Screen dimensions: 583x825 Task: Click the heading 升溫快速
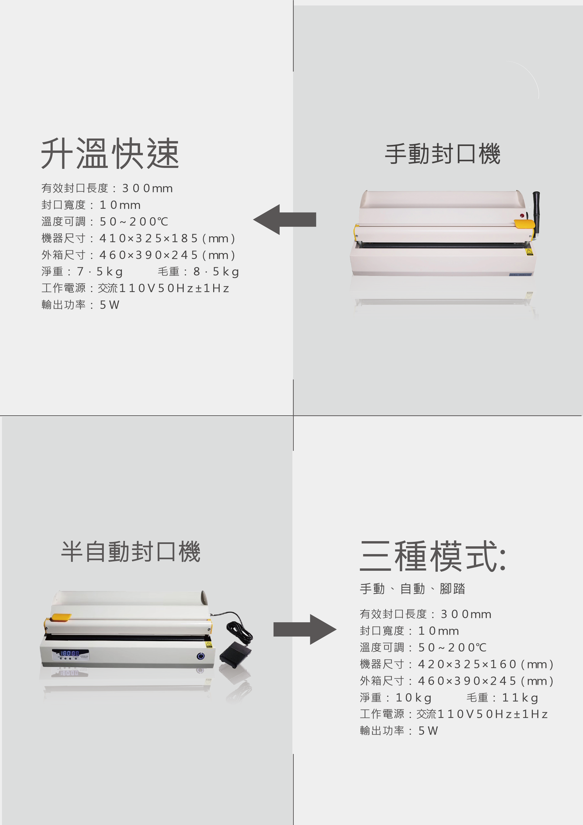click(x=110, y=154)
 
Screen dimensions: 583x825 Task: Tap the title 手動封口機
click(x=443, y=154)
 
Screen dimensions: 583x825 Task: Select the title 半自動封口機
click(x=131, y=552)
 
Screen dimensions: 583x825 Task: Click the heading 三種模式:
click(x=433, y=556)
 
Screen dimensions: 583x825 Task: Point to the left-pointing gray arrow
click(x=285, y=220)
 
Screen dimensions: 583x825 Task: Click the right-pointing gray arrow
click(x=305, y=630)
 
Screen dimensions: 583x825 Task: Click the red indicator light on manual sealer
click(x=522, y=215)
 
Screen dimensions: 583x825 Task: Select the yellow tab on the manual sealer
click(x=524, y=224)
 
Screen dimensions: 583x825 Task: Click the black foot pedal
click(x=236, y=652)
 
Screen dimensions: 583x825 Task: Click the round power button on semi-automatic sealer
click(x=201, y=656)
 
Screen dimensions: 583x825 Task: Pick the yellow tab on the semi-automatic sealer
click(x=61, y=617)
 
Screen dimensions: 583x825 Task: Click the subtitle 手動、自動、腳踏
click(x=412, y=589)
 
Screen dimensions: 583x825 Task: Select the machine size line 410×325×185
click(x=138, y=238)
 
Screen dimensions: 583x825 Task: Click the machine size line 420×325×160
click(x=457, y=664)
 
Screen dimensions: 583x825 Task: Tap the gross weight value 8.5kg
click(x=216, y=272)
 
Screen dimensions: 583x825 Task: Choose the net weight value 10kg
click(x=413, y=698)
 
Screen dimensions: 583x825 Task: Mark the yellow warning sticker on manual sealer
click(x=530, y=251)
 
